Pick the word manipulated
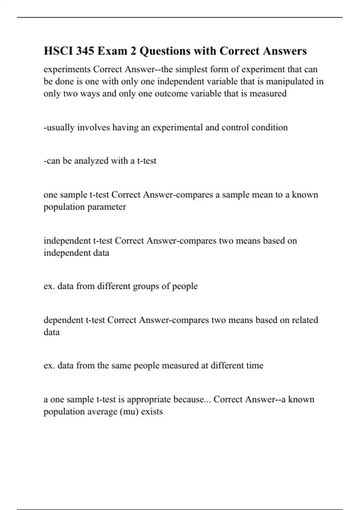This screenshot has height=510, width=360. click(289, 82)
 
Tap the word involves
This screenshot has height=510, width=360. click(94, 127)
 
